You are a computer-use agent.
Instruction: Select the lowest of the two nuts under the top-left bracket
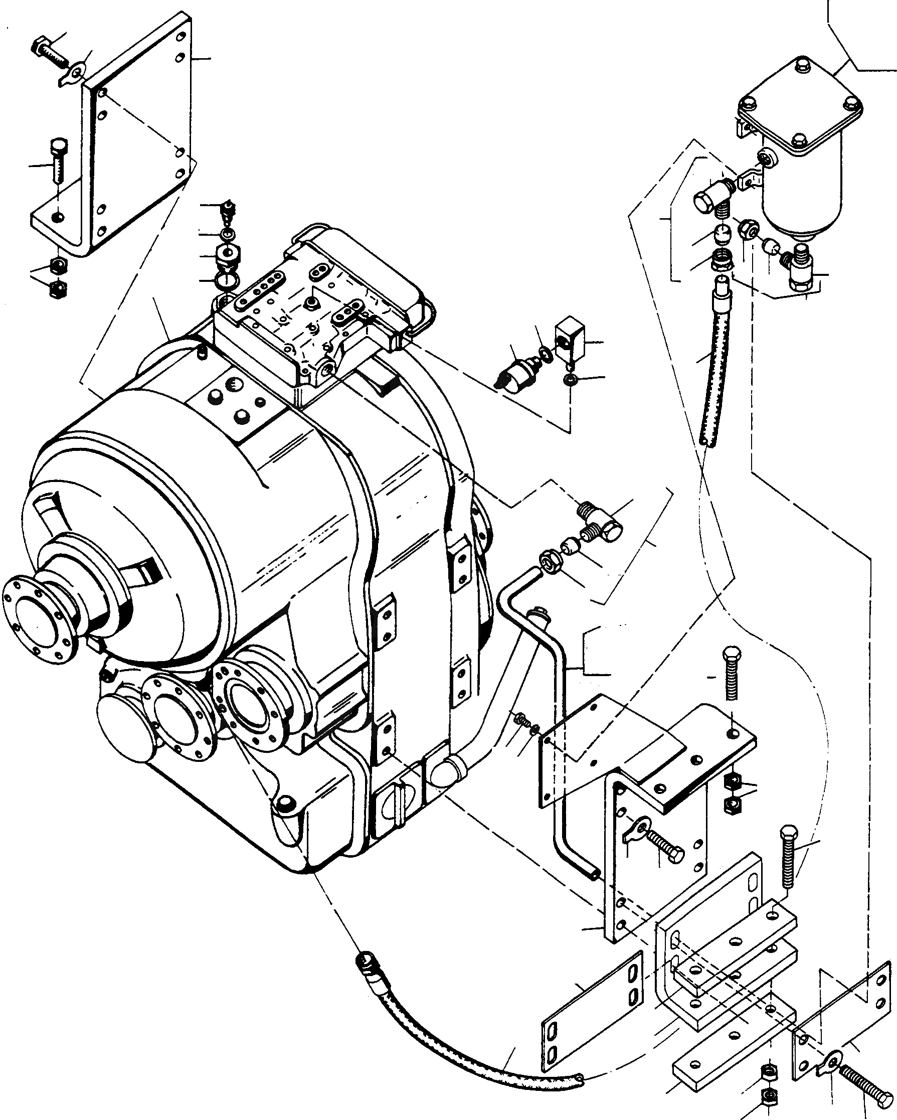click(x=57, y=288)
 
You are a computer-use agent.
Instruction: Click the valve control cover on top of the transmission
click(x=312, y=306)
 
